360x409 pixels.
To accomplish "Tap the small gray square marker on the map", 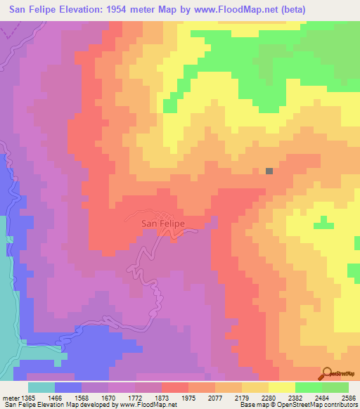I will tap(269, 170).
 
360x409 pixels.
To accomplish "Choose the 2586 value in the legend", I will tap(349, 397).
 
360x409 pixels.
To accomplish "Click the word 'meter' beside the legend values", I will tap(8, 397).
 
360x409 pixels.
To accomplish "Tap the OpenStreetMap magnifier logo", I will tap(327, 373).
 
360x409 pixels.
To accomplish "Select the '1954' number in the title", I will tap(109, 9).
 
